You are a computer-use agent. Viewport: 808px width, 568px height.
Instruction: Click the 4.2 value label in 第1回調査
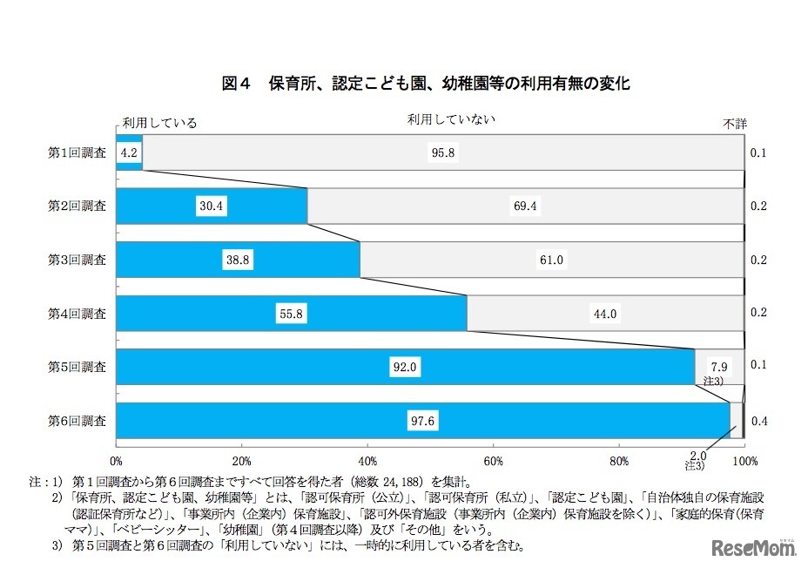pos(127,153)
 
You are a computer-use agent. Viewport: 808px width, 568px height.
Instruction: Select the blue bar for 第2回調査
pos(212,206)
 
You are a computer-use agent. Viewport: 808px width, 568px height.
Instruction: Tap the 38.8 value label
pos(237,260)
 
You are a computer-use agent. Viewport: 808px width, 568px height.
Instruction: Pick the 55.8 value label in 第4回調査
pos(291,314)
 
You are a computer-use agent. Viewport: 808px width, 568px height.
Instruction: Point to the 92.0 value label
pos(406,368)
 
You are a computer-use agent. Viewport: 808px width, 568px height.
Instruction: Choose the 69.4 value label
pos(526,206)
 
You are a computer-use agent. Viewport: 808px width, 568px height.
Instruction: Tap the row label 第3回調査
pos(77,260)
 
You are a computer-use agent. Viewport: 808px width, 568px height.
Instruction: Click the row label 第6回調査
pos(77,421)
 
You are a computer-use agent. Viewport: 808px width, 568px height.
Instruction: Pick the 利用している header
pos(159,123)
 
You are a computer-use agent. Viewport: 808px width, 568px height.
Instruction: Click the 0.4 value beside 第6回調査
pos(758,422)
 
